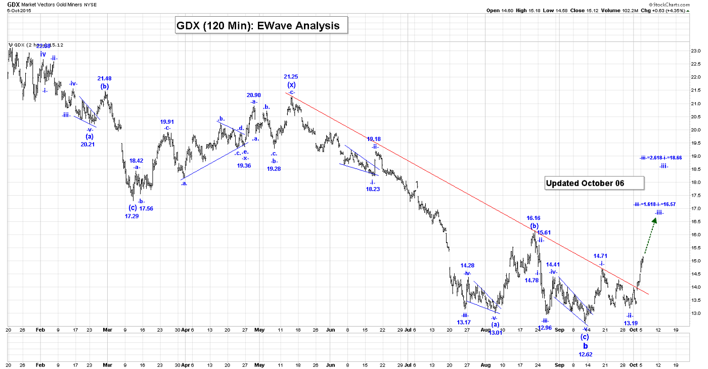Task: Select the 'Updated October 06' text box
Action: (594, 183)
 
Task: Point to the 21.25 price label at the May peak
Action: (291, 76)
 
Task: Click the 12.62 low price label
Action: (585, 354)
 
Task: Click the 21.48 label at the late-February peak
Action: (104, 78)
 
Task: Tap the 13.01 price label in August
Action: (496, 333)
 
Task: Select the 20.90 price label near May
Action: (254, 95)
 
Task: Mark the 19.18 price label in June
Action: (374, 139)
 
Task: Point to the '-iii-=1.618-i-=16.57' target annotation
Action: (654, 204)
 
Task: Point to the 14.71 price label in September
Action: (600, 256)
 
